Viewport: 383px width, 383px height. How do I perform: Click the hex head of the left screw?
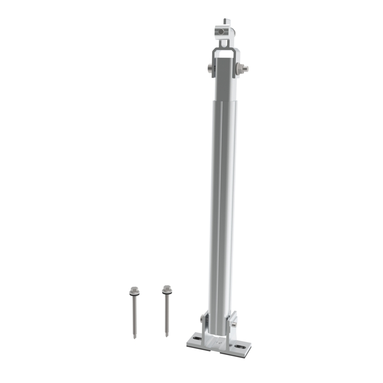point(134,290)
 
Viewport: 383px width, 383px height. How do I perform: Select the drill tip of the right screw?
point(167,334)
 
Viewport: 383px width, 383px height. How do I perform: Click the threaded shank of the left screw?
point(134,316)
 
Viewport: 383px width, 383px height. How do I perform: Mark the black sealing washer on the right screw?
point(167,293)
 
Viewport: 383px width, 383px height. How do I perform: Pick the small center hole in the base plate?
point(220,343)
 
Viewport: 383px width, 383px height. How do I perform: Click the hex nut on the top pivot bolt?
point(241,68)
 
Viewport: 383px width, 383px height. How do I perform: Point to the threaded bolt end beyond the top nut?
point(246,69)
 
